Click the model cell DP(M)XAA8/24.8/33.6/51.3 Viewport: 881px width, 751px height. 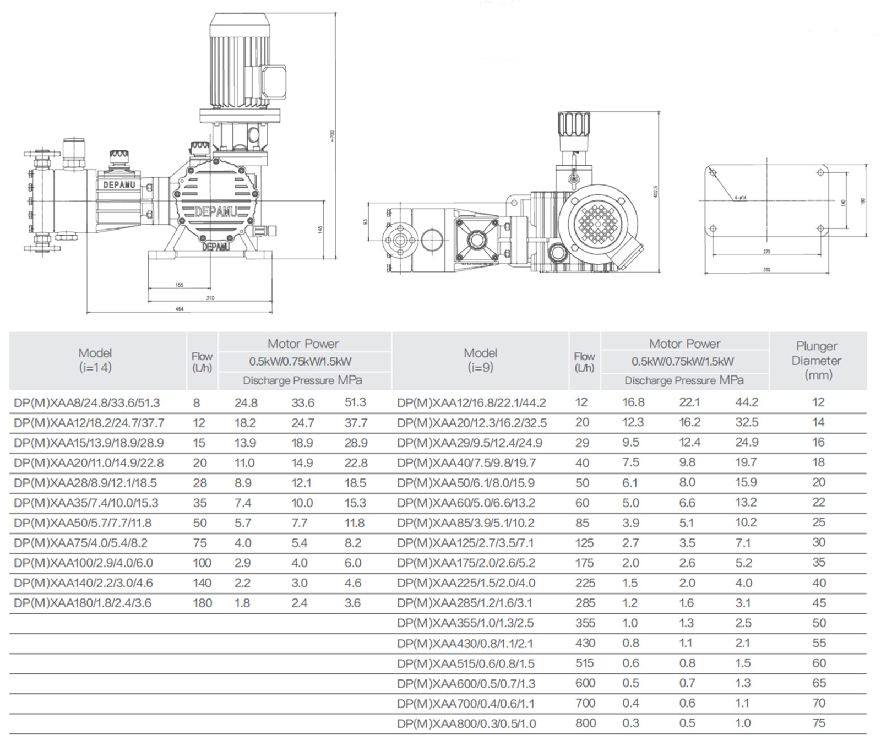(x=87, y=403)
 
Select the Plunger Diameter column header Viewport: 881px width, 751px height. (x=816, y=361)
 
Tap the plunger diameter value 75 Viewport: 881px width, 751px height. (x=819, y=723)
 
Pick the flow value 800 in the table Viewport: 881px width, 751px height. (x=585, y=723)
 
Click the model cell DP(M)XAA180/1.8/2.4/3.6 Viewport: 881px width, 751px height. (x=83, y=603)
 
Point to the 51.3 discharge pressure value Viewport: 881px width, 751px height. (x=355, y=402)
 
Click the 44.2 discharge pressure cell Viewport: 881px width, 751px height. (x=747, y=402)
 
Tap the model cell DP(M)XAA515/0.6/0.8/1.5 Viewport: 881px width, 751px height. (x=465, y=663)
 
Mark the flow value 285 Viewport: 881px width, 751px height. (x=585, y=603)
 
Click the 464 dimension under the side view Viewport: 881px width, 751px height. (x=180, y=309)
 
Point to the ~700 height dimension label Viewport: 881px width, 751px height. (x=332, y=135)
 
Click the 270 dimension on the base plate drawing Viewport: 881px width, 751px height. (x=766, y=252)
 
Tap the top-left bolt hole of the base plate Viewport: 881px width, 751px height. (x=714, y=173)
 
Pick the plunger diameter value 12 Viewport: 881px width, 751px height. (x=818, y=402)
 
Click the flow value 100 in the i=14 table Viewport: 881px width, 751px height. (x=202, y=563)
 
